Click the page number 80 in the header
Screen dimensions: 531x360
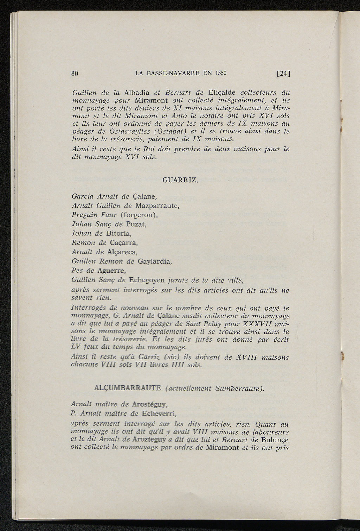tap(74, 74)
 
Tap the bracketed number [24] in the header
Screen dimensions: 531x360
tap(283, 74)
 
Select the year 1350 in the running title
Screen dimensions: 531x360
tap(221, 73)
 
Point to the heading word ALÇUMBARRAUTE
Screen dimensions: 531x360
tap(128, 388)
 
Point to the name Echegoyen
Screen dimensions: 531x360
tap(147, 280)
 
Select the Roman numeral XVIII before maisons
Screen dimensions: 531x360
tap(245, 357)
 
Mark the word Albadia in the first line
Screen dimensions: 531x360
tap(137, 93)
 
